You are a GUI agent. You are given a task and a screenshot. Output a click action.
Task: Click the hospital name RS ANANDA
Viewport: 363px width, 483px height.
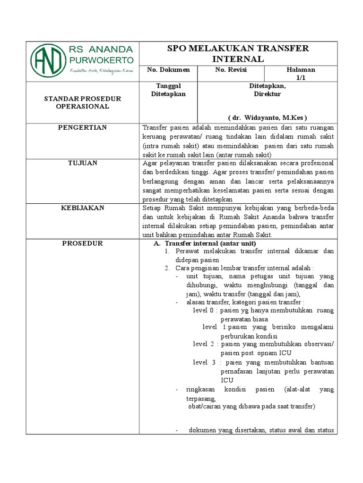coord(101,50)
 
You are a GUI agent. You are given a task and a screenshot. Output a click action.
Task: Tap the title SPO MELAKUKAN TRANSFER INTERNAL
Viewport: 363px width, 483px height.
coord(238,54)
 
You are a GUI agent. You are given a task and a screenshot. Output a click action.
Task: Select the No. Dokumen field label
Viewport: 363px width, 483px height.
coord(168,70)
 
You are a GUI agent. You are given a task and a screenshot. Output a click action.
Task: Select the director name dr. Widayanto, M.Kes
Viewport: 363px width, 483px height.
coord(268,117)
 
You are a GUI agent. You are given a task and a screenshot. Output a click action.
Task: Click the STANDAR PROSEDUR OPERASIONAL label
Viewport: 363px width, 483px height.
coord(83,102)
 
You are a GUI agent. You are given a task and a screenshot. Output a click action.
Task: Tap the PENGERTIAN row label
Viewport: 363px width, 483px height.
coord(83,128)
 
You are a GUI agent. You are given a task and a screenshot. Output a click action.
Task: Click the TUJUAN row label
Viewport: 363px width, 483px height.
coord(83,163)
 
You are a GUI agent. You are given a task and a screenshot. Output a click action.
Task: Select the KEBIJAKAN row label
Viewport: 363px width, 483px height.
coord(83,208)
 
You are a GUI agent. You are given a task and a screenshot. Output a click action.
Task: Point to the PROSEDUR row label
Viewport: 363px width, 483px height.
coord(83,243)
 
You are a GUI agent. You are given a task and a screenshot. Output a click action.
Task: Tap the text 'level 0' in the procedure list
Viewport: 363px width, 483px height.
coord(204,310)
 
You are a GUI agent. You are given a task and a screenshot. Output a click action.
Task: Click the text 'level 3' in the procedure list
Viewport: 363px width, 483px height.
coord(204,362)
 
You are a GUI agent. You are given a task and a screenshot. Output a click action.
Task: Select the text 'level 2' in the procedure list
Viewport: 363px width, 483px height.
coord(204,344)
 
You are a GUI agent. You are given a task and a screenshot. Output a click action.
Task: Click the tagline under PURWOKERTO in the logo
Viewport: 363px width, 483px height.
coord(101,71)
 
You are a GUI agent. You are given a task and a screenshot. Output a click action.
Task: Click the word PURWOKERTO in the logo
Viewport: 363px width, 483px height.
coord(101,60)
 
